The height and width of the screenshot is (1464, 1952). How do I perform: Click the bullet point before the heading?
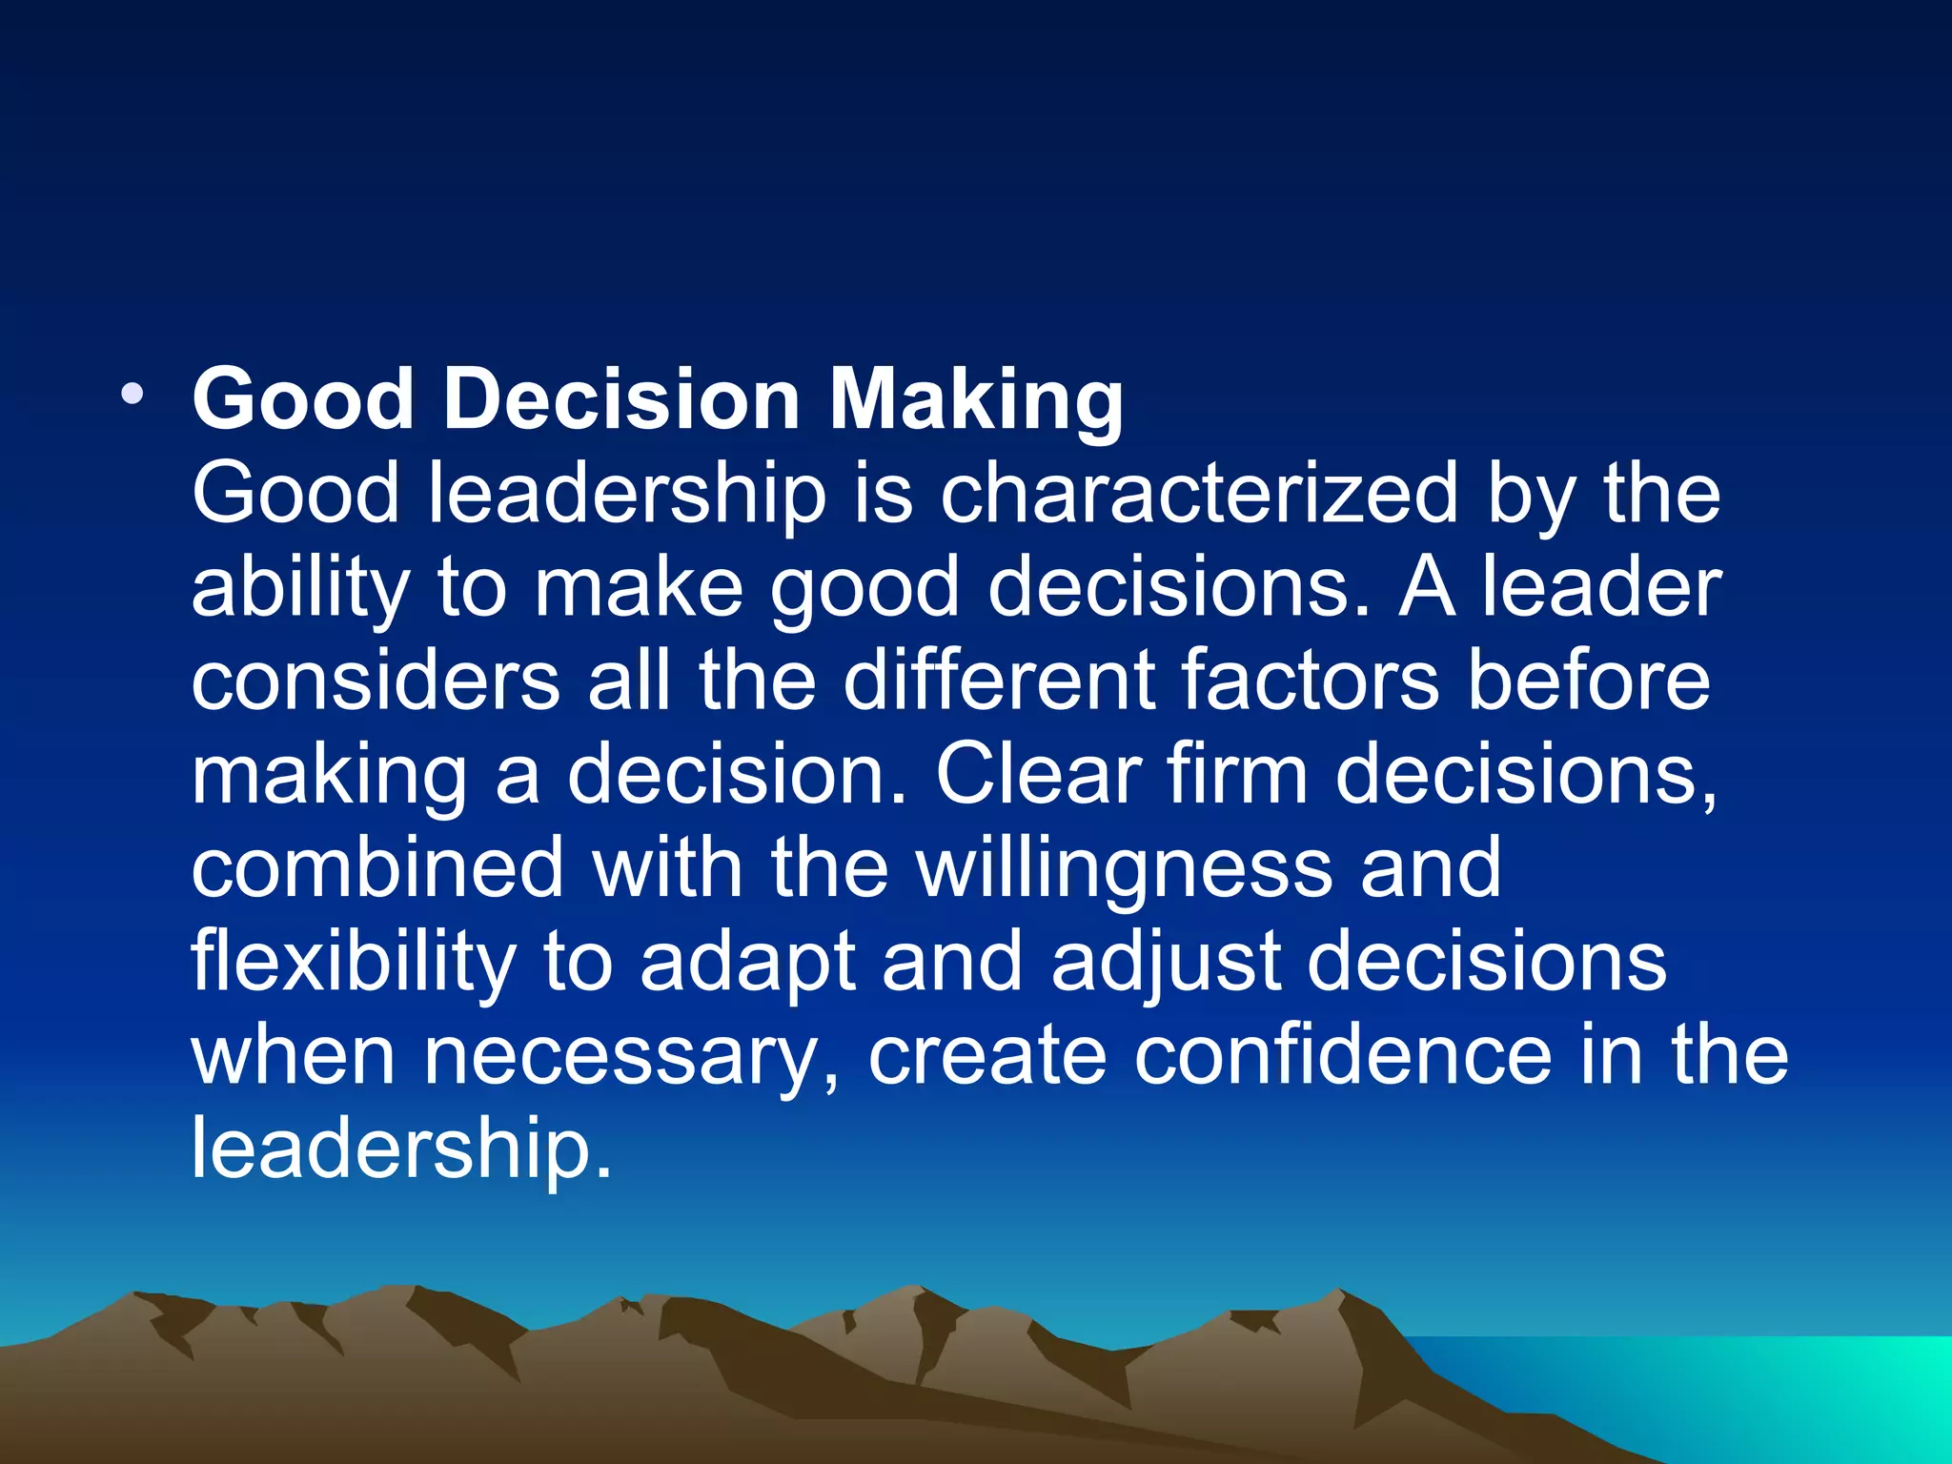pos(132,394)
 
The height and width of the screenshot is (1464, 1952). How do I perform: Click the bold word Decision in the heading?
pos(620,399)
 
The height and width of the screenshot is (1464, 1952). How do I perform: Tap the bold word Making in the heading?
pos(976,399)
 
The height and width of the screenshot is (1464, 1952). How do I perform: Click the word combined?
pos(378,867)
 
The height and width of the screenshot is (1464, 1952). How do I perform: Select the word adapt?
pos(747,963)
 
